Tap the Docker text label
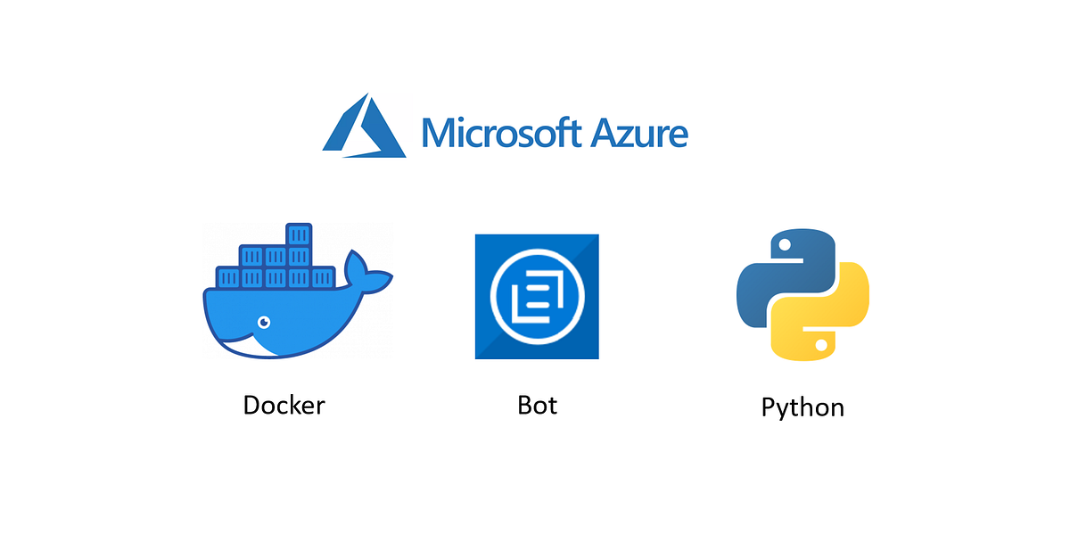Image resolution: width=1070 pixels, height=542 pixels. click(x=284, y=405)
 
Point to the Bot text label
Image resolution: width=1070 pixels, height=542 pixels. click(x=537, y=405)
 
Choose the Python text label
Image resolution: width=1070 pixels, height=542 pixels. click(x=802, y=407)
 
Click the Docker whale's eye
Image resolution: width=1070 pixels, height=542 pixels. click(x=263, y=321)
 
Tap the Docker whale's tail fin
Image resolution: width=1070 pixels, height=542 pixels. click(x=367, y=271)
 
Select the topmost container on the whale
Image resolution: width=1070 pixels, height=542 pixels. click(x=298, y=235)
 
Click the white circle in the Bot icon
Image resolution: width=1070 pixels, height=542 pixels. click(x=537, y=296)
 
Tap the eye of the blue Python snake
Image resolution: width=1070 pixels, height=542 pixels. click(x=786, y=244)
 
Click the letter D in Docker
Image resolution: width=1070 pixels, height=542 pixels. click(x=252, y=405)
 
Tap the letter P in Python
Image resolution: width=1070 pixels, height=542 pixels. click(x=770, y=406)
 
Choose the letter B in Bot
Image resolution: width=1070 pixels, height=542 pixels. click(x=525, y=405)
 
